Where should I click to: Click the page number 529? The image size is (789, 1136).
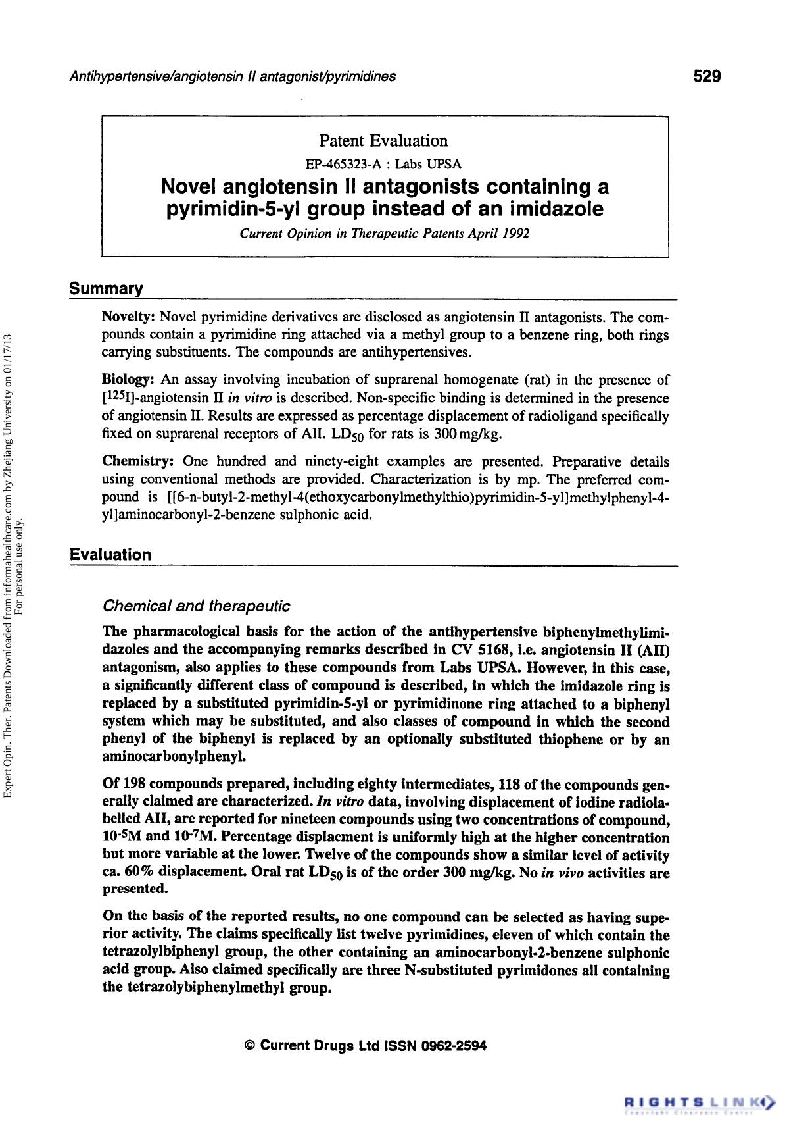[707, 76]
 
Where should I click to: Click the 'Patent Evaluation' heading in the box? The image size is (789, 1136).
[383, 140]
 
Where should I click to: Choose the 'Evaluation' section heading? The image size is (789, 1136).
[110, 555]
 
